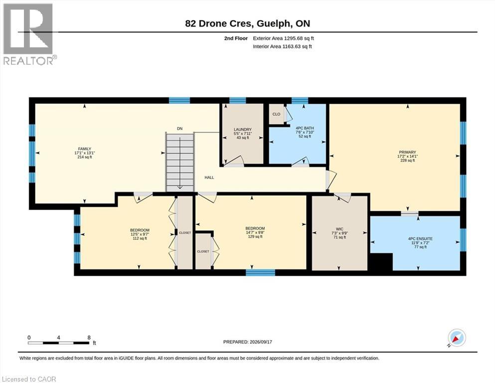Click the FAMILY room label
pos(85,149)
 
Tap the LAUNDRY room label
pos(242,130)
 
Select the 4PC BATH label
pos(305,128)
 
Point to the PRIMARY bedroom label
pos(407,152)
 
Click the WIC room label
pos(339,229)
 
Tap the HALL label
pos(209,178)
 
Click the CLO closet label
pos(276,114)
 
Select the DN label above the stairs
pos(179,129)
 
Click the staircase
pos(179,162)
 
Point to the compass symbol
pos(457,338)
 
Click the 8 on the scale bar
pos(89,337)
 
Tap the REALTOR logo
pos(29,34)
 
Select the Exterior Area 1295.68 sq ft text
pos(284,38)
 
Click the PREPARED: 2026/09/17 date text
pos(247,342)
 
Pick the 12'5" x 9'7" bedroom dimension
pos(140,234)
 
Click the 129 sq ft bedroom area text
pos(255,236)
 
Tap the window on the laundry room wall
pos(237,101)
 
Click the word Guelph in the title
pos(272,23)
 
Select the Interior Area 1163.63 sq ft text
pos(282,47)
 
